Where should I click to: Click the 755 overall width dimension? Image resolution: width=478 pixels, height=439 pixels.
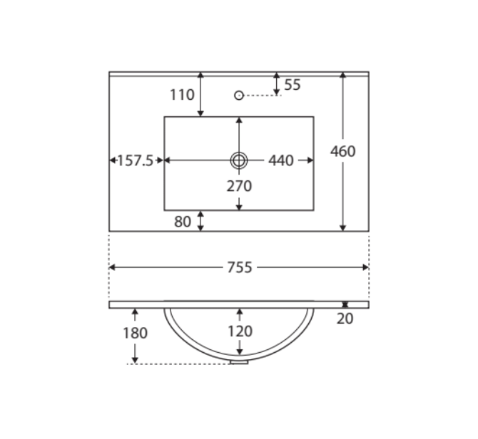[x=240, y=267]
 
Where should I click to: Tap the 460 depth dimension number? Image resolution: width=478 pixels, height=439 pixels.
[x=343, y=151]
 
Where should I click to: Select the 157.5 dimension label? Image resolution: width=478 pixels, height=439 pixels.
[x=135, y=160]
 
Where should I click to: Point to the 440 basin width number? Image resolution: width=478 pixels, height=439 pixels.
[x=281, y=160]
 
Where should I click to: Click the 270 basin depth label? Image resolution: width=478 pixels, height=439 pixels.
[x=239, y=186]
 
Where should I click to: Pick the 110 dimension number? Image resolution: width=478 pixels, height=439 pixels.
[x=182, y=95]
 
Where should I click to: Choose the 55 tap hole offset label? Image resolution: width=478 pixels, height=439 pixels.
[x=293, y=85]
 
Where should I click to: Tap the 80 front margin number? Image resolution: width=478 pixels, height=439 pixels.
[x=183, y=222]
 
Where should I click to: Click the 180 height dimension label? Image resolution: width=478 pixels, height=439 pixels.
[x=135, y=333]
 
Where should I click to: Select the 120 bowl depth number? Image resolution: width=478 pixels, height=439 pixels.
[x=240, y=331]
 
